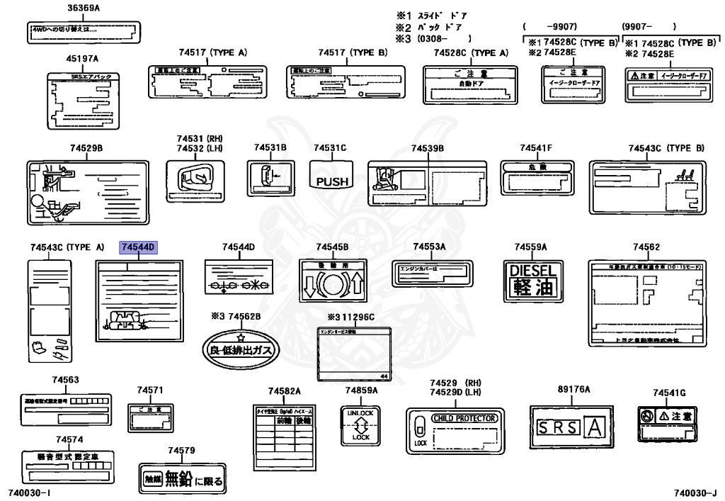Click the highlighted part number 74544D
[138, 247]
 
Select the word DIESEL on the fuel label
[533, 270]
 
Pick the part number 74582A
[284, 390]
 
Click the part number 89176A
[573, 389]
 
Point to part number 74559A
[530, 247]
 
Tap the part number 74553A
[429, 246]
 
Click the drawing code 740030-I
[30, 492]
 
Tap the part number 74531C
[330, 147]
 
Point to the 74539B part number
[428, 147]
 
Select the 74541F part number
[535, 147]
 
